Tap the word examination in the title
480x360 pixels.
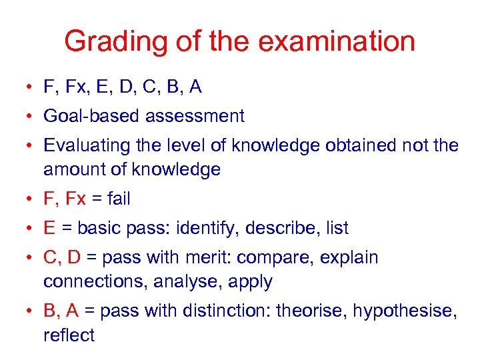[336, 42]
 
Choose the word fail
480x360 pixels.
[115, 199]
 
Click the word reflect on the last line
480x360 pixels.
[69, 335]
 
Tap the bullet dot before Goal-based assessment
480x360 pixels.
[31, 117]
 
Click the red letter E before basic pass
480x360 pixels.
[49, 228]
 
